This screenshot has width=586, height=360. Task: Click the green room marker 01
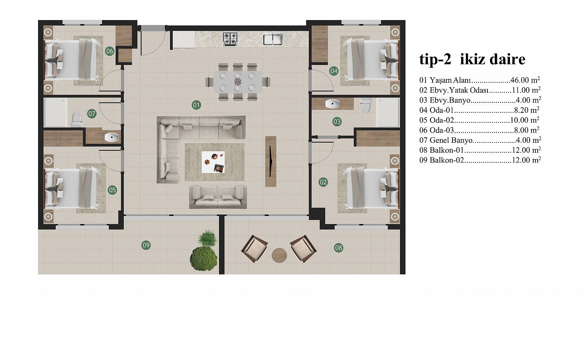coord(196,105)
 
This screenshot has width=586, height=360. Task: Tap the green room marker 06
coord(110,51)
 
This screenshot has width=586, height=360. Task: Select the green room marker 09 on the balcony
coord(146,245)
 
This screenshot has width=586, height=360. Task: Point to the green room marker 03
coord(337,122)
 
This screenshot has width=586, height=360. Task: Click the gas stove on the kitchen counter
coord(230,38)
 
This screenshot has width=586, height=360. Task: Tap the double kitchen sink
coord(273,39)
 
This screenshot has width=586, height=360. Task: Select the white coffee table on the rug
coord(213,162)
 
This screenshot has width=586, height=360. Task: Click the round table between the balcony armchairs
coord(279,255)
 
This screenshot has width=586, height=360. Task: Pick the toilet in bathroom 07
coord(77,119)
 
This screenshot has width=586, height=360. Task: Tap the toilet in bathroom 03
coord(365,105)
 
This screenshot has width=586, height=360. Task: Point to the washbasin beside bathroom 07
coord(112,137)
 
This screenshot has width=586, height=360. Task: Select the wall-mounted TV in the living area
coord(271,162)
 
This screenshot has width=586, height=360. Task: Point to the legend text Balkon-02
coord(446,160)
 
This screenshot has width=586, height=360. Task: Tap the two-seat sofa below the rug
coord(218,197)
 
